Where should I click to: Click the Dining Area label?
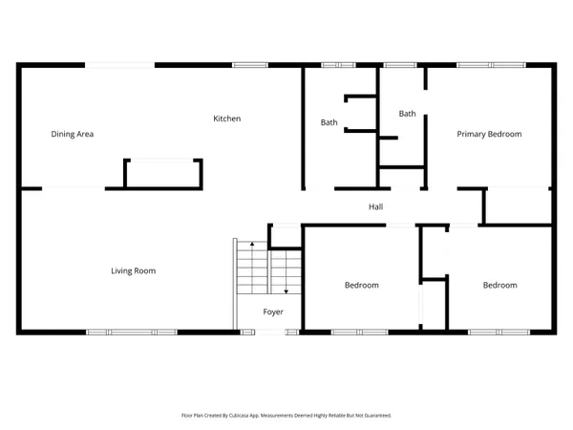coord(72,134)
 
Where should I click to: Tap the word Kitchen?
coord(226,118)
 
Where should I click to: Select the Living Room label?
coord(133,270)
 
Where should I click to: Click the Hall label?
coord(376,206)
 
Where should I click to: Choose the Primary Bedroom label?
coord(488,134)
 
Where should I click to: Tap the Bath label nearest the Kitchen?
coord(329,122)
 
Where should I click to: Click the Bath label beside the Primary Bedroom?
coord(407,114)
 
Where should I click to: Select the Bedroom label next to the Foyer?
coord(361,285)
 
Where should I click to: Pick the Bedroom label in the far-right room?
coord(499,285)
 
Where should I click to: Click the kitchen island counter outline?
coord(163,174)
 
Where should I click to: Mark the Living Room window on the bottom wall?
coord(132,332)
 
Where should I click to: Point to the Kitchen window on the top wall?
coord(250,65)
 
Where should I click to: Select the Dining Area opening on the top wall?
coord(120,65)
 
